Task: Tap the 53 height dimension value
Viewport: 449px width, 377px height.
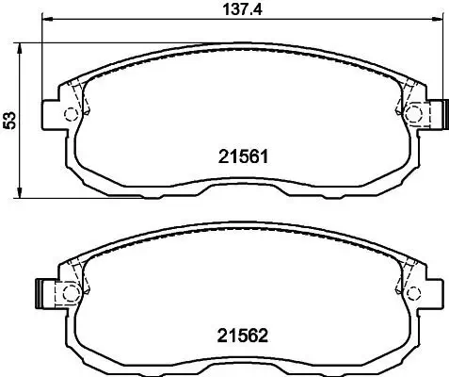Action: [x=11, y=120]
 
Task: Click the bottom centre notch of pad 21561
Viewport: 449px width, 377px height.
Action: [x=241, y=188]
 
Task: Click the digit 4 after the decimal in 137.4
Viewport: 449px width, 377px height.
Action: [x=255, y=12]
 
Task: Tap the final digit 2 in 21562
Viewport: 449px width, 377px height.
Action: [x=265, y=335]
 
